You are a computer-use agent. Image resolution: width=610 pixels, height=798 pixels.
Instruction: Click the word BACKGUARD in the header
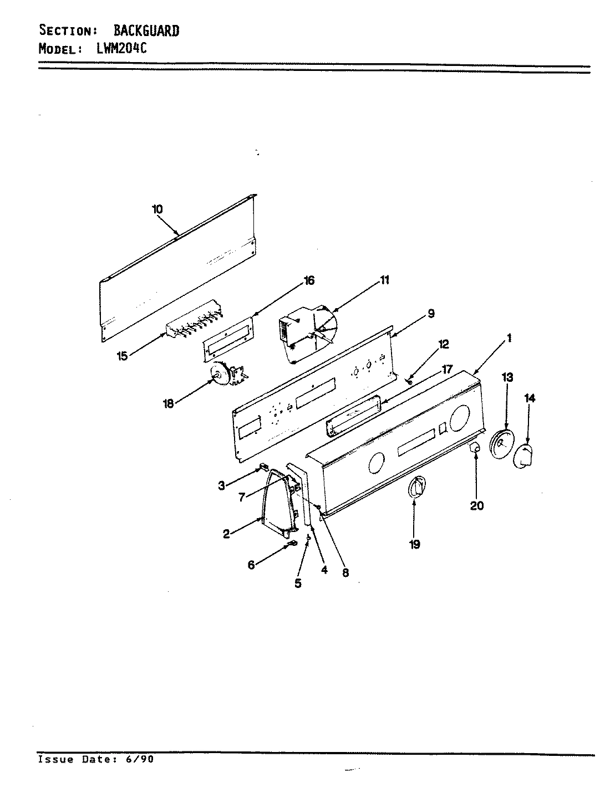click(x=146, y=31)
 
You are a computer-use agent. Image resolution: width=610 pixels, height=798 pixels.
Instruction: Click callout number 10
click(x=157, y=209)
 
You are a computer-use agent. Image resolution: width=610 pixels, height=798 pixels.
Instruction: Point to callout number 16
click(x=308, y=280)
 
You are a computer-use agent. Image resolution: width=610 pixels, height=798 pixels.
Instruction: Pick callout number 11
click(x=384, y=280)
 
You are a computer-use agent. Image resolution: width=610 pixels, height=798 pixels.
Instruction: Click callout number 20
click(x=477, y=505)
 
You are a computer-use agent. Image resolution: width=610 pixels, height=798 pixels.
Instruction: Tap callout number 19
click(x=415, y=545)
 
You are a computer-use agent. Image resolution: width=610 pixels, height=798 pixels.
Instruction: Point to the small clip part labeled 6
click(x=291, y=545)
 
